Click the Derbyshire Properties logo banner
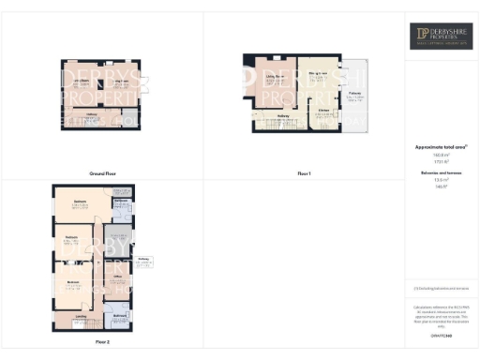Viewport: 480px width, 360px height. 442,37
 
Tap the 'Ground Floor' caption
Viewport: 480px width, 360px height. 102,173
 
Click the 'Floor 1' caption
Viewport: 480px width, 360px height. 304,173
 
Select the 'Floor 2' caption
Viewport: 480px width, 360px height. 102,342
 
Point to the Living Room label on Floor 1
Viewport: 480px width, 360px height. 275,78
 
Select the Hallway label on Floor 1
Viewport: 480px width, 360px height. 282,116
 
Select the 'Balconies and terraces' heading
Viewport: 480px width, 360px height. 441,174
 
